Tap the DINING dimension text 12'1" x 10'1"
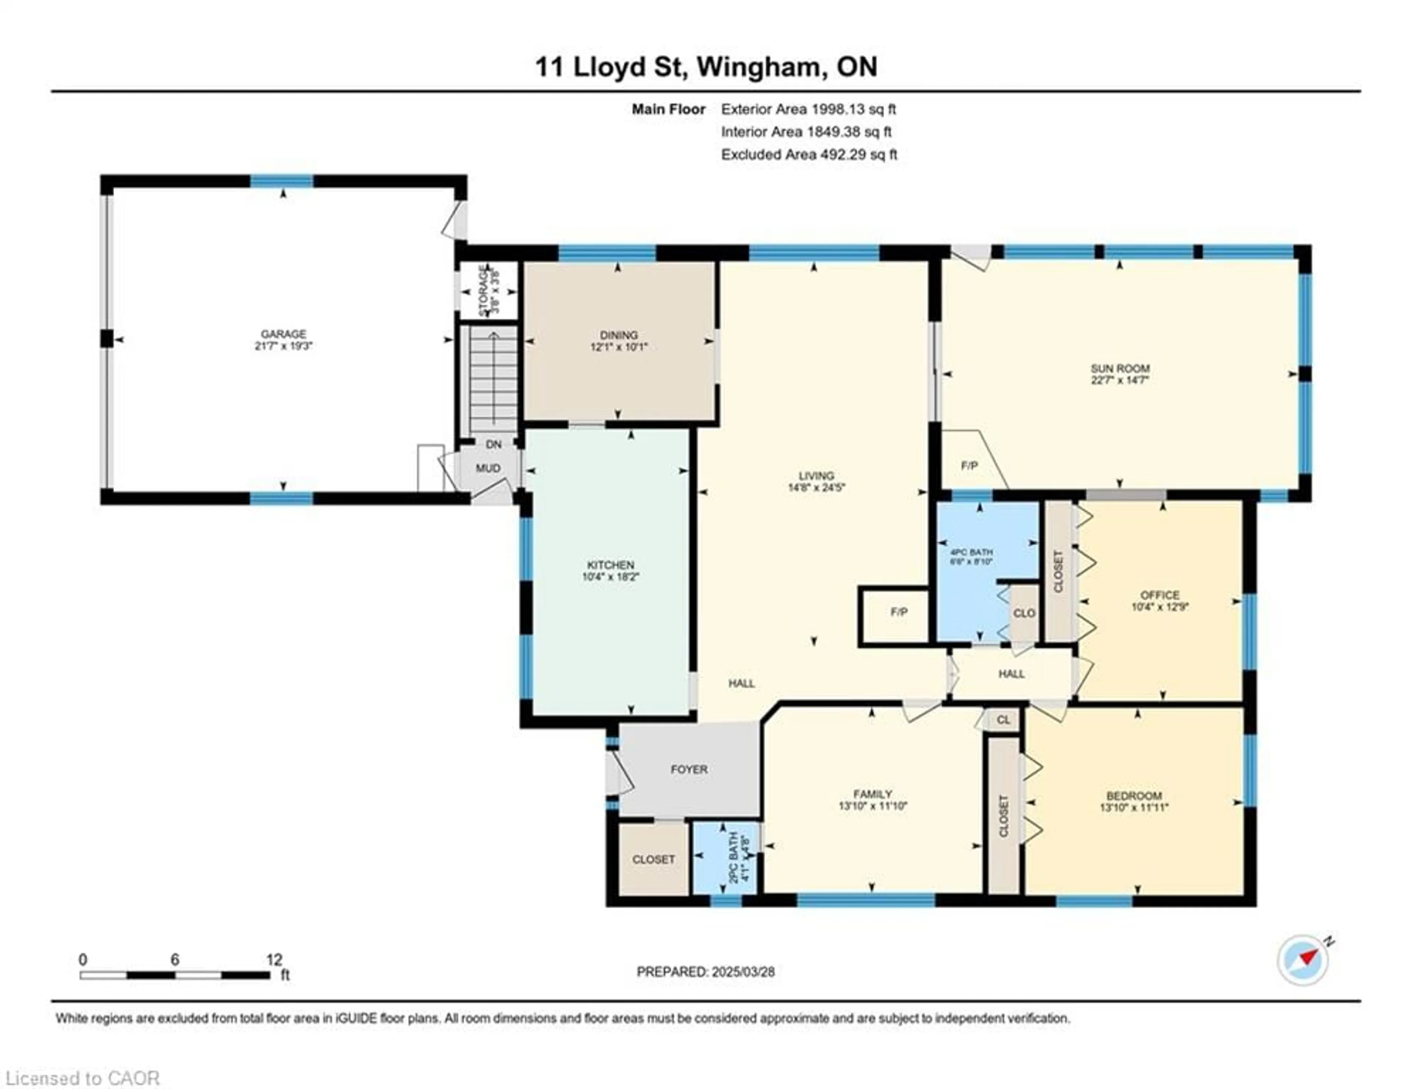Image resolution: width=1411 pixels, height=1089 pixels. pos(618,347)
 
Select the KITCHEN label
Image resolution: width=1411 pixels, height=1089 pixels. pos(610,564)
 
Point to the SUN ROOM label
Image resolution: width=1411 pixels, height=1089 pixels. pos(1120,368)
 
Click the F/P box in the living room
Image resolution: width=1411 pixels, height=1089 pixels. pos(898,612)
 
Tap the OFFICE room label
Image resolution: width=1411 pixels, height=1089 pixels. pos(1160,595)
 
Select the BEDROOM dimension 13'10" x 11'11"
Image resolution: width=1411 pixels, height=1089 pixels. pos(1134,808)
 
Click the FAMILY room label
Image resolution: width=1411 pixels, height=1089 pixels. pos(872,794)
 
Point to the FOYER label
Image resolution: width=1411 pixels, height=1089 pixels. pos(689,769)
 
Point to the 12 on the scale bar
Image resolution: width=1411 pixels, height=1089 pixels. pos(274,959)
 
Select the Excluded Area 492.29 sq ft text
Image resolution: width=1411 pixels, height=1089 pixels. pos(809,154)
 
